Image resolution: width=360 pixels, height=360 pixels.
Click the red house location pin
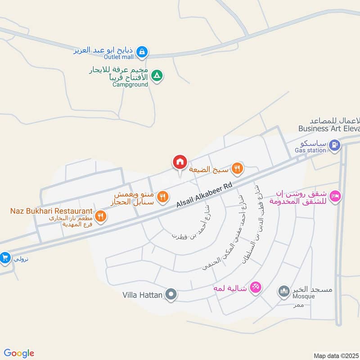pos(180,162)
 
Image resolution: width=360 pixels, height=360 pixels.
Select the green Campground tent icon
pos(156,76)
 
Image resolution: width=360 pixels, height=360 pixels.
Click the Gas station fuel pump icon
pos(334,145)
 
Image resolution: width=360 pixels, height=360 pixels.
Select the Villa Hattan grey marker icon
pos(171,295)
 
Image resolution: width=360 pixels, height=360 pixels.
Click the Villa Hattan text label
pos(142,296)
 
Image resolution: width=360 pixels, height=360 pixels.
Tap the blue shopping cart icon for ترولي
pos(5,258)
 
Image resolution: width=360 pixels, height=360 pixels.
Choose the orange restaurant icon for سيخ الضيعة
pos(237,169)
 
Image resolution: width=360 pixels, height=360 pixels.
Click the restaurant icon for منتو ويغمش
pos(163,197)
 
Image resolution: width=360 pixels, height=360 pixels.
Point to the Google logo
pos(19,353)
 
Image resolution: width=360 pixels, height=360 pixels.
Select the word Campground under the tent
pos(130,84)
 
